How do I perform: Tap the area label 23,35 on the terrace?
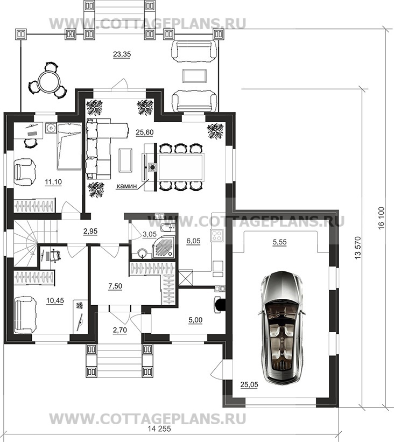122,54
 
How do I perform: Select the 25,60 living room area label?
145,132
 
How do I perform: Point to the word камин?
126,186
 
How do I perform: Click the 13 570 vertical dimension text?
358,248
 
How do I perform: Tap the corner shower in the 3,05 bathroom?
163,247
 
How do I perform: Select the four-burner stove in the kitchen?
217,236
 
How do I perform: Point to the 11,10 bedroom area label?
53,182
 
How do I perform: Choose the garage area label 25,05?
249,384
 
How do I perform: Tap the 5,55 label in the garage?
279,242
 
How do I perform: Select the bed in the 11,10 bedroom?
69,146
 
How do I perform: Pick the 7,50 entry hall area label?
115,286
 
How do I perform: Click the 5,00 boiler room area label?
195,320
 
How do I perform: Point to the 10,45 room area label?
55,301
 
